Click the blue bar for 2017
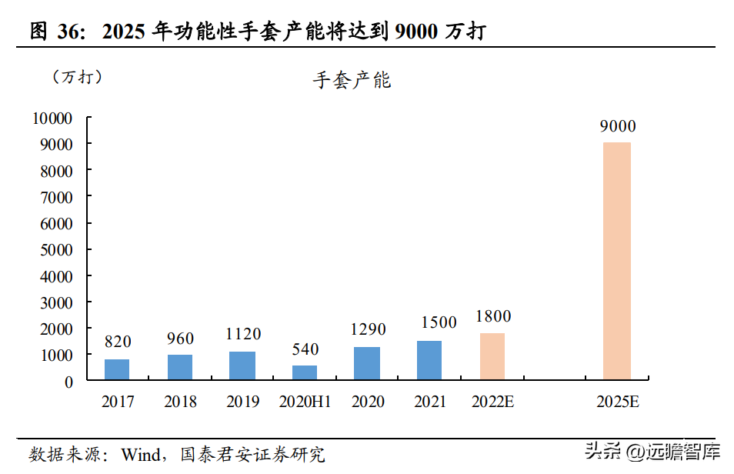click(117, 369)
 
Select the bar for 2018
click(180, 367)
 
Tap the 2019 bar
click(242, 366)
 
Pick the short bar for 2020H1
click(305, 372)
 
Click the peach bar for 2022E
click(492, 356)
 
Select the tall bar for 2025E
click(617, 261)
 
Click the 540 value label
click(305, 349)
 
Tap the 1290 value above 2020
click(368, 330)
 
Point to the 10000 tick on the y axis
click(52, 118)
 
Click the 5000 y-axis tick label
click(56, 249)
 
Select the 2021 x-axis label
click(430, 402)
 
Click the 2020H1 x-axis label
click(305, 402)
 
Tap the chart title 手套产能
click(352, 80)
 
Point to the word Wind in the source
click(141, 454)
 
